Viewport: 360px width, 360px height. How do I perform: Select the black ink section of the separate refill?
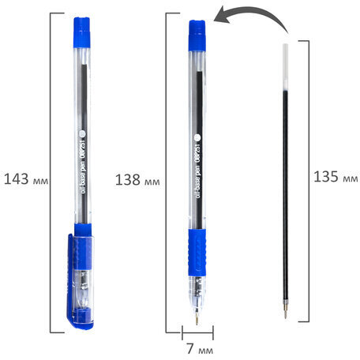(286, 197)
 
